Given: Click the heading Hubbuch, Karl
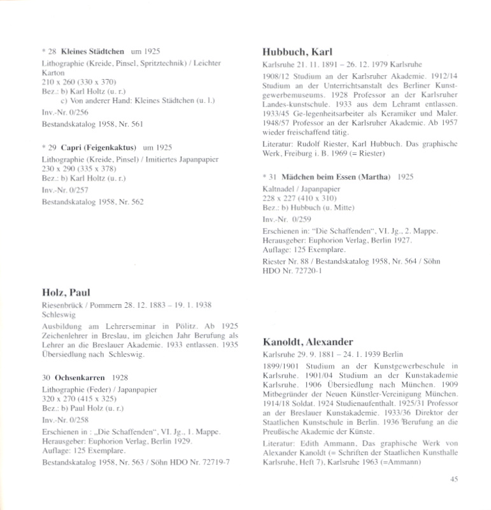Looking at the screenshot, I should [x=299, y=52].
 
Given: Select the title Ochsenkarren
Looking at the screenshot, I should [x=80, y=377].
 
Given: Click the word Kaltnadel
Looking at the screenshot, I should [x=279, y=190].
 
